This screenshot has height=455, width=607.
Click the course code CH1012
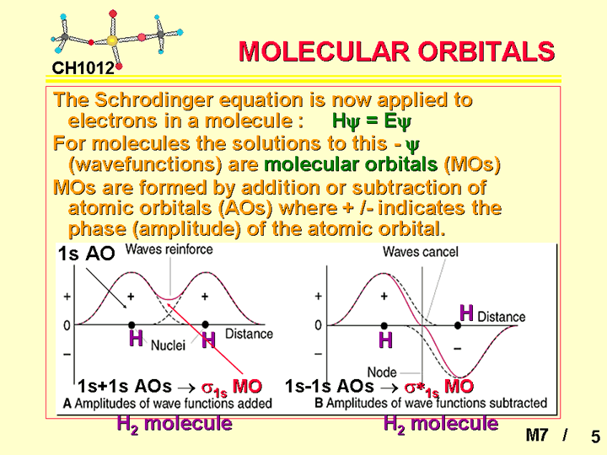coord(83,68)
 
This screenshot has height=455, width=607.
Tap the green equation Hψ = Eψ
coord(371,121)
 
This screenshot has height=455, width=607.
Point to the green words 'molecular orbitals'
coord(351,164)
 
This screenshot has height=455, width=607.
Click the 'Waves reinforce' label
coord(169,249)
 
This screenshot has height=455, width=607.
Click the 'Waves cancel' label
coord(421,252)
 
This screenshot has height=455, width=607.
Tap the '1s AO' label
coord(86,254)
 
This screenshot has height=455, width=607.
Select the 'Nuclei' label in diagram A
coord(168,345)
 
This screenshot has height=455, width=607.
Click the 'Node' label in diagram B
coord(382,372)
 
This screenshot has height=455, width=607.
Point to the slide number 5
coord(596,436)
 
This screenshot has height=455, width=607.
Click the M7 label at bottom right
coord(536,435)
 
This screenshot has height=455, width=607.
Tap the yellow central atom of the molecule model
coord(112,40)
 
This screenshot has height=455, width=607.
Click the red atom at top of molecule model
coord(113,14)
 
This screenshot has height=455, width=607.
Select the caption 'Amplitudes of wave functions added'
coord(173,404)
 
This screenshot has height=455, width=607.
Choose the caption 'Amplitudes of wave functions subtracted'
coord(437,403)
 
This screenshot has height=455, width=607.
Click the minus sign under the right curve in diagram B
coord(458,349)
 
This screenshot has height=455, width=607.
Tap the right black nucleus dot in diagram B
coord(458,326)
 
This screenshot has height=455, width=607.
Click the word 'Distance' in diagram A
coord(249,334)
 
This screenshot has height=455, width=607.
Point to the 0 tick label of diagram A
coord(67,325)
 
